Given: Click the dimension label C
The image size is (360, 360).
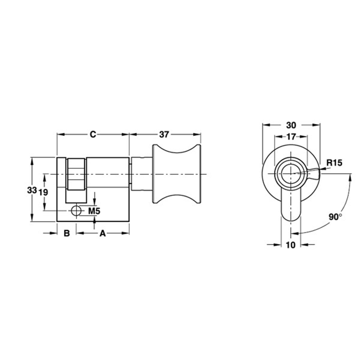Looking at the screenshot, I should click(x=93, y=134).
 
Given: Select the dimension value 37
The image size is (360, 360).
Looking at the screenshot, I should click(x=165, y=134).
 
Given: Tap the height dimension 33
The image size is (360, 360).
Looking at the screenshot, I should click(x=31, y=190).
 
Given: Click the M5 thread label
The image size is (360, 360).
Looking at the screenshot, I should click(x=94, y=211).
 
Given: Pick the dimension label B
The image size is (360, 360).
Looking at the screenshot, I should click(x=66, y=233).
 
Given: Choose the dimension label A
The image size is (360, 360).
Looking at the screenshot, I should click(x=103, y=233).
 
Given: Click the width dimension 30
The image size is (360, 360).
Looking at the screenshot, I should click(x=291, y=125).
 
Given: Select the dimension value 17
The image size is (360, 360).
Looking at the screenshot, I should click(x=291, y=136).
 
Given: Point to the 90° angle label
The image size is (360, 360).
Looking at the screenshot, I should click(x=335, y=217).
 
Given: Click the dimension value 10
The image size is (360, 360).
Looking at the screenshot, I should click(x=290, y=245).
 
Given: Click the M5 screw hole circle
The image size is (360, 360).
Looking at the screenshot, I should click(x=76, y=211).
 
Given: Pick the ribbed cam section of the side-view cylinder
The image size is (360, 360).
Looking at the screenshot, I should click(x=76, y=174).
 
